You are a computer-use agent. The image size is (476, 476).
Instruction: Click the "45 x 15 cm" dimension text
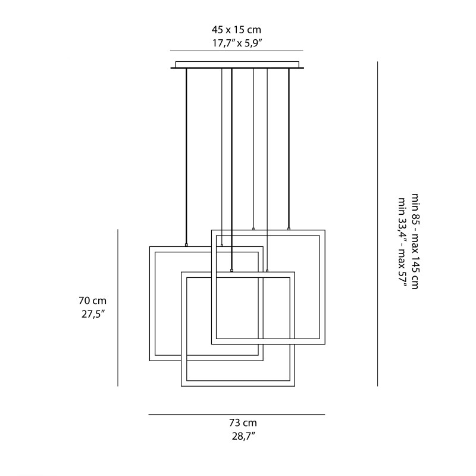236,29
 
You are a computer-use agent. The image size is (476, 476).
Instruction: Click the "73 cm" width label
243,423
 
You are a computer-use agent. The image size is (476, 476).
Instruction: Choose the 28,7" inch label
243,436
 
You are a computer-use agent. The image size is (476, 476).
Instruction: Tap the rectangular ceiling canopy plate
237,64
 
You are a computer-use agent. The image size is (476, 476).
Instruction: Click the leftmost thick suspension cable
186,155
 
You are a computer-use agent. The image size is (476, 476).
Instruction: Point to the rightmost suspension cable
289,149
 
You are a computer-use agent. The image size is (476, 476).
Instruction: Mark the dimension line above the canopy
236,51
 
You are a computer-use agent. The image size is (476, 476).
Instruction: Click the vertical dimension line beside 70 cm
118,308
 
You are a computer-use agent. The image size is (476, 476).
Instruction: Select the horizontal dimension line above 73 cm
236,414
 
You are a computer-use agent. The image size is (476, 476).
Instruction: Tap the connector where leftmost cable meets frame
186,245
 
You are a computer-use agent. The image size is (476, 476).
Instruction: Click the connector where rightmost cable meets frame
289,228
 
